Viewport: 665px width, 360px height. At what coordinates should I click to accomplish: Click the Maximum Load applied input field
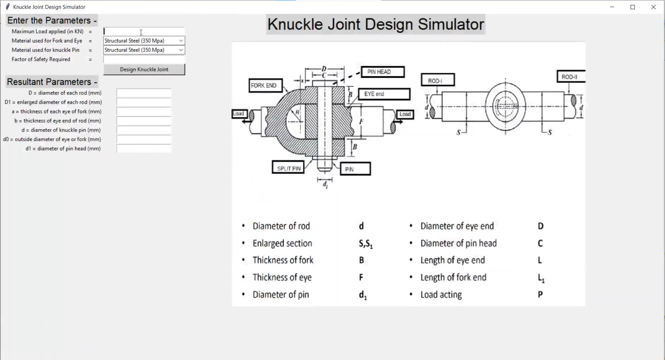(144, 31)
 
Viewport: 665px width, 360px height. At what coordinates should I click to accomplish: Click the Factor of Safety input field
(144, 59)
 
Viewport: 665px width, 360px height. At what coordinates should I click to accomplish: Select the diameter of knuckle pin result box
(144, 130)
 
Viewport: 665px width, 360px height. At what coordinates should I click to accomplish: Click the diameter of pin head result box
(144, 149)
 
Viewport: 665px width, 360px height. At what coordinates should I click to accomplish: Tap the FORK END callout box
(265, 86)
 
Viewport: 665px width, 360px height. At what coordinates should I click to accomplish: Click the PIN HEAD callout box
(382, 72)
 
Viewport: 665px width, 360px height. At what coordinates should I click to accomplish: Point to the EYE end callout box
(384, 94)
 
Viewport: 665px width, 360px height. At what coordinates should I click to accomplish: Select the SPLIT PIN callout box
(288, 168)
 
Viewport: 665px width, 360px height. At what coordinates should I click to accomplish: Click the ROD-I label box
(438, 81)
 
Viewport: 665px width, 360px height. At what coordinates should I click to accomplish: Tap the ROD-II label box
(571, 77)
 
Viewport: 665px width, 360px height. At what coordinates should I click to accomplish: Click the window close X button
(653, 7)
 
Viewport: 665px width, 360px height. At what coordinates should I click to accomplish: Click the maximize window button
(633, 7)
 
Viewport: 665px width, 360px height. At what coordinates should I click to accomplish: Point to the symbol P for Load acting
(540, 295)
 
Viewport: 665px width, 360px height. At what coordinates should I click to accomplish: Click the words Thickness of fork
(283, 260)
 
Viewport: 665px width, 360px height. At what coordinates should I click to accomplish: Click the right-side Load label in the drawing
(405, 114)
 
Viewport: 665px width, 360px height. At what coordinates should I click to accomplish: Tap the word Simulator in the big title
(451, 24)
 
